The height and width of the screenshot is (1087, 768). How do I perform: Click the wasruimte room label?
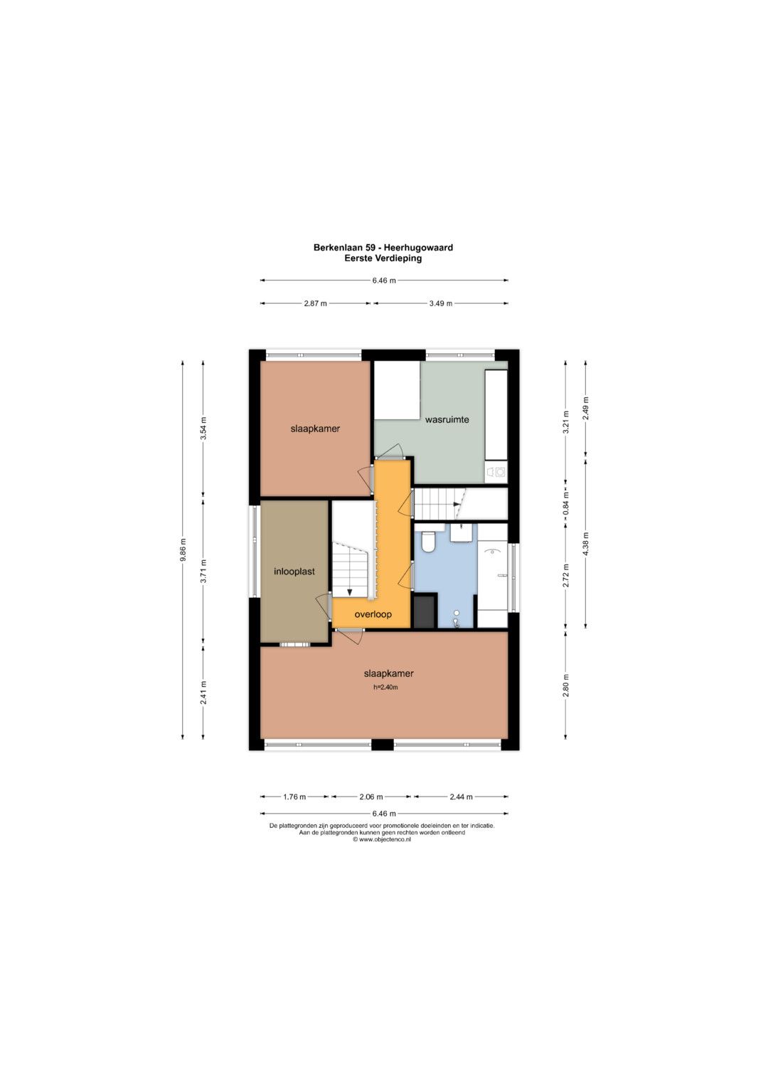point(447,419)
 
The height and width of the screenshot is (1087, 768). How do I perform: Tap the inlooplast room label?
point(294,572)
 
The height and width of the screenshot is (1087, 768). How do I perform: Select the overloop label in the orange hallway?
point(373,614)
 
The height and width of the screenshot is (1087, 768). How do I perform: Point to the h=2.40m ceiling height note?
point(385,687)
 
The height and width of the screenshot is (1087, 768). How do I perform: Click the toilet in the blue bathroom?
point(427,542)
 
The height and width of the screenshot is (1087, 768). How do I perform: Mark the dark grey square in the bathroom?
point(425,611)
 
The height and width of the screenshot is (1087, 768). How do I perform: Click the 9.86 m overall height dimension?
point(183,550)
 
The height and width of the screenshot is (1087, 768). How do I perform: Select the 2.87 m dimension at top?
point(315,304)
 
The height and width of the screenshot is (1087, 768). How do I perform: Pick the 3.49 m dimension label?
point(441,304)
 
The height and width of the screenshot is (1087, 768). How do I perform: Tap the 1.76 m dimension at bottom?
point(294,797)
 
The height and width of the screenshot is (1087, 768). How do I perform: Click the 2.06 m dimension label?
point(371,797)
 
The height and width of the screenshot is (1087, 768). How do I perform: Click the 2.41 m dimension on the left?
point(203,692)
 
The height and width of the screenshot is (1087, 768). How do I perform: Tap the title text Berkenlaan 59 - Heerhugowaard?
point(383,248)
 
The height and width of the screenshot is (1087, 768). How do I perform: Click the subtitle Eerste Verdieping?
point(383,258)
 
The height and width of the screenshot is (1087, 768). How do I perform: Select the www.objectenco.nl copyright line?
point(382,839)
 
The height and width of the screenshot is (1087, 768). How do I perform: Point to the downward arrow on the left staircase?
point(350,592)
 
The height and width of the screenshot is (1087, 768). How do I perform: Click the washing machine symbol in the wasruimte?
point(496,471)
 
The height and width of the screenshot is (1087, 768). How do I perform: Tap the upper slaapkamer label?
point(315,429)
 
